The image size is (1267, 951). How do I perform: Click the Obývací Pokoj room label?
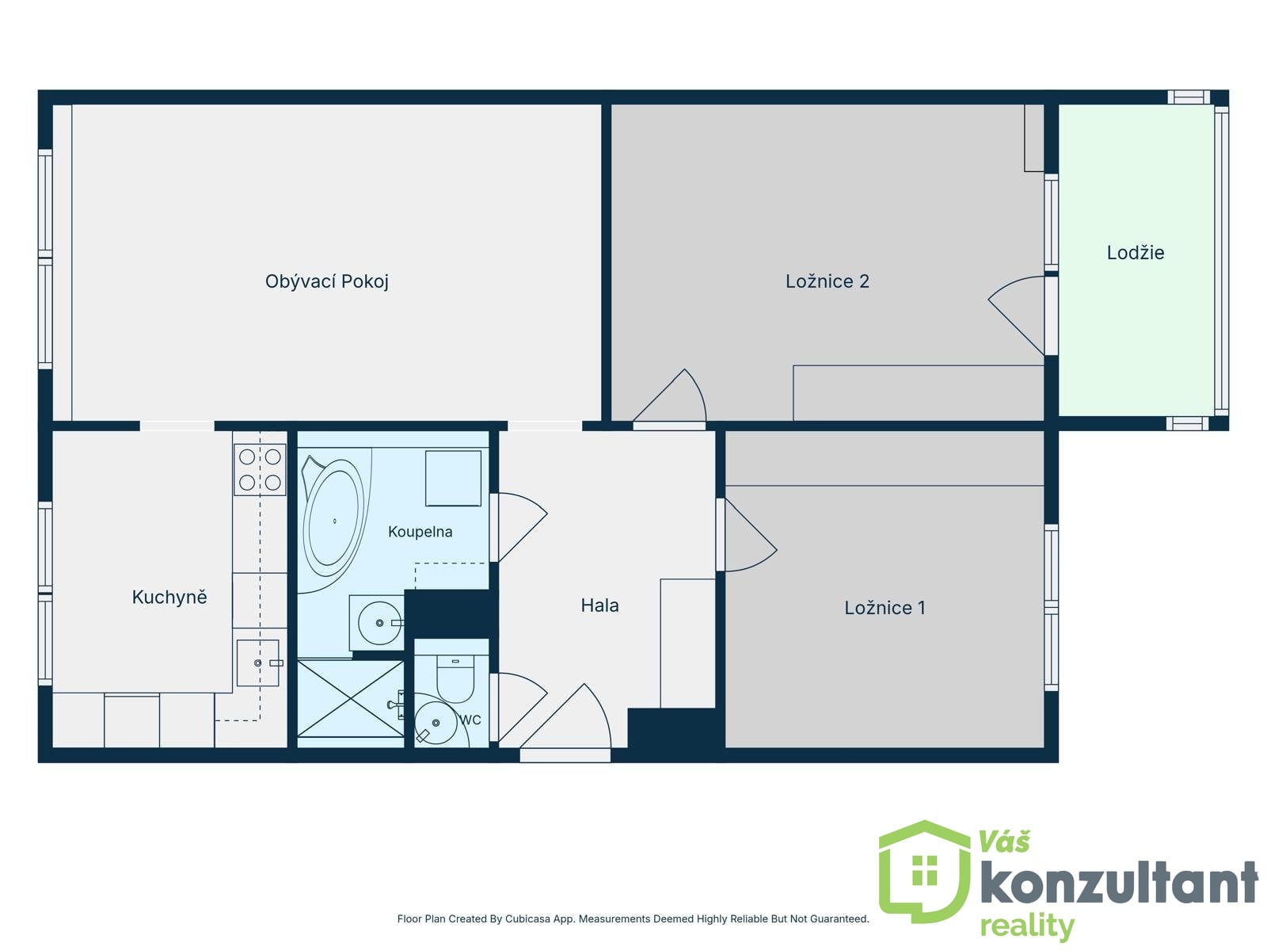(x=327, y=282)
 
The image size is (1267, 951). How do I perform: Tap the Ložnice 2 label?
(x=828, y=281)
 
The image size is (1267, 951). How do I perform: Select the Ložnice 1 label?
(x=885, y=607)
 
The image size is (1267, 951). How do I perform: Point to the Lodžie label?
(x=1136, y=252)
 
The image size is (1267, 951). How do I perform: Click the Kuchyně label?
(x=169, y=597)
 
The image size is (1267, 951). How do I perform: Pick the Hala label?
(x=599, y=605)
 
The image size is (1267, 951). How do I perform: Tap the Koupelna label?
(x=420, y=532)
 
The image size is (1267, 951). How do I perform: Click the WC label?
(x=470, y=720)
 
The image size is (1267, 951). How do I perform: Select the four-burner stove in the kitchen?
(x=260, y=469)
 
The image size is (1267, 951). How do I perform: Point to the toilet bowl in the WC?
(x=455, y=678)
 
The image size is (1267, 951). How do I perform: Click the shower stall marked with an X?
(x=350, y=699)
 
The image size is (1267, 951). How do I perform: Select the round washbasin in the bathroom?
(x=379, y=623)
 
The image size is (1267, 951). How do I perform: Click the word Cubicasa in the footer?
(x=527, y=919)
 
